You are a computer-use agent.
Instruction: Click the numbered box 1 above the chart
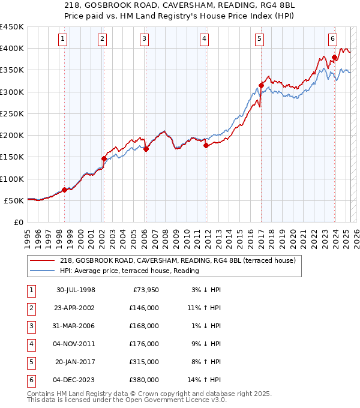click(64, 39)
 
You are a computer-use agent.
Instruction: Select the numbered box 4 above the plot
click(204, 39)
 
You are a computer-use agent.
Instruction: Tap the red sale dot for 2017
click(261, 85)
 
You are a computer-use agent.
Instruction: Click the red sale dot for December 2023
click(334, 57)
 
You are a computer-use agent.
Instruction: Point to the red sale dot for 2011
click(206, 145)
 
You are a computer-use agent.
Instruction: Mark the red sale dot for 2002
click(104, 158)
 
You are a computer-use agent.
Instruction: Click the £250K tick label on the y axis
click(12, 113)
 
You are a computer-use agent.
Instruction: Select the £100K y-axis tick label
click(12, 179)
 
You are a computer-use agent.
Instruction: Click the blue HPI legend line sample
click(43, 271)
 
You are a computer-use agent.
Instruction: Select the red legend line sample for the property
click(43, 261)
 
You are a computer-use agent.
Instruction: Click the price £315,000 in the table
click(145, 362)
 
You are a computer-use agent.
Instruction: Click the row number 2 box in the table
click(31, 308)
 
